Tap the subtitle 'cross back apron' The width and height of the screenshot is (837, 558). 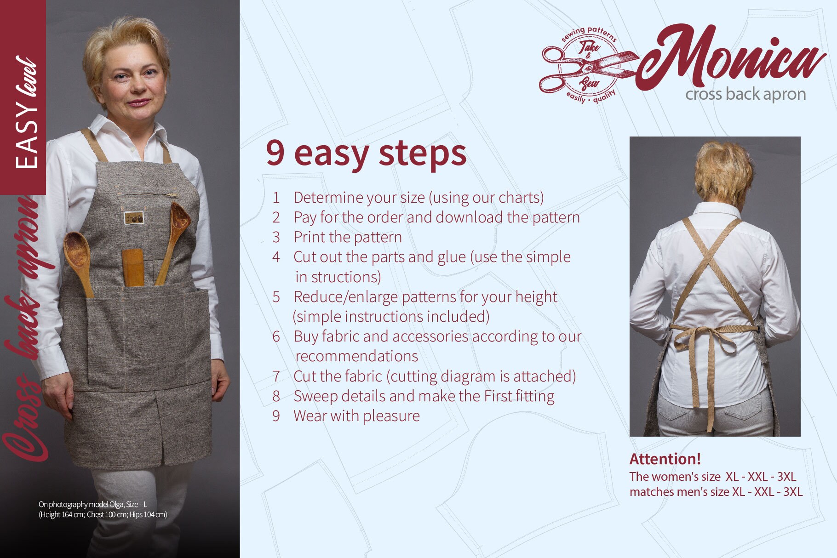pos(745,94)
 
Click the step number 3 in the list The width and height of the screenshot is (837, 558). pos(276,237)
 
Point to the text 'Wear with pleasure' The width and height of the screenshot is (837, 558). pos(356,416)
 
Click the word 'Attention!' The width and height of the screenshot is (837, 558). pos(665,459)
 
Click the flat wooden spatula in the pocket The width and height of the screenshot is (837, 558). pos(133,267)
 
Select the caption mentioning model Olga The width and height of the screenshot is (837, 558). pos(103,509)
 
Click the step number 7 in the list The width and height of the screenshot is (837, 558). pos(276,376)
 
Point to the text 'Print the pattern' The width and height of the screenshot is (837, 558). pos(347,237)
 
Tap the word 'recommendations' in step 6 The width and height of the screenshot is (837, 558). pos(356,356)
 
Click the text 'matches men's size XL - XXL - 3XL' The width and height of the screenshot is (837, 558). pos(716,492)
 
